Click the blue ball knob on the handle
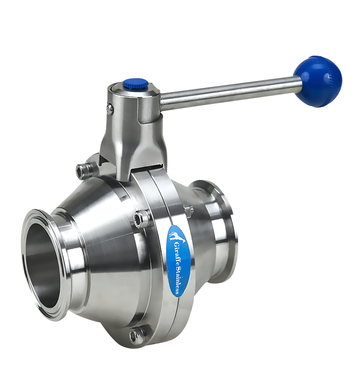click(318, 82)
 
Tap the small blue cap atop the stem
click(135, 83)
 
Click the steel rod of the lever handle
click(230, 93)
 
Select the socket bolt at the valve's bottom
click(137, 334)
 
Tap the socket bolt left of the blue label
click(142, 217)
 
